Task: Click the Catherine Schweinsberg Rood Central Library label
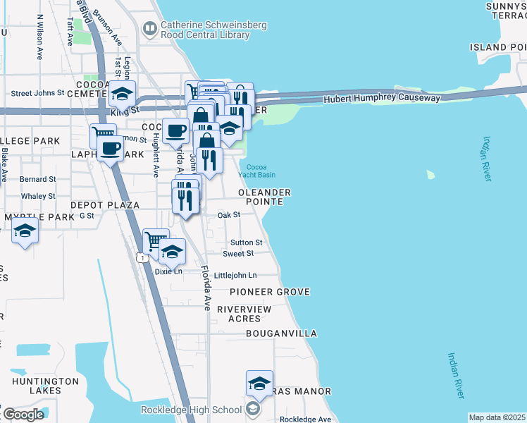tap(213, 29)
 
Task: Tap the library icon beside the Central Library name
tap(150, 29)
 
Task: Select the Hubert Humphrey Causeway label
tap(382, 99)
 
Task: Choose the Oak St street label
tap(229, 215)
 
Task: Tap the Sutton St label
tap(242, 243)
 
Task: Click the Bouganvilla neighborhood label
tap(282, 333)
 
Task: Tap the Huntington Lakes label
tap(45, 386)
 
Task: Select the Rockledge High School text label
tap(191, 410)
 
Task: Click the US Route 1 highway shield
tap(143, 259)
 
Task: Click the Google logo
tap(23, 415)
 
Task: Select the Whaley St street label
tap(38, 196)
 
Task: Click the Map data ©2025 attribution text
tap(497, 417)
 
